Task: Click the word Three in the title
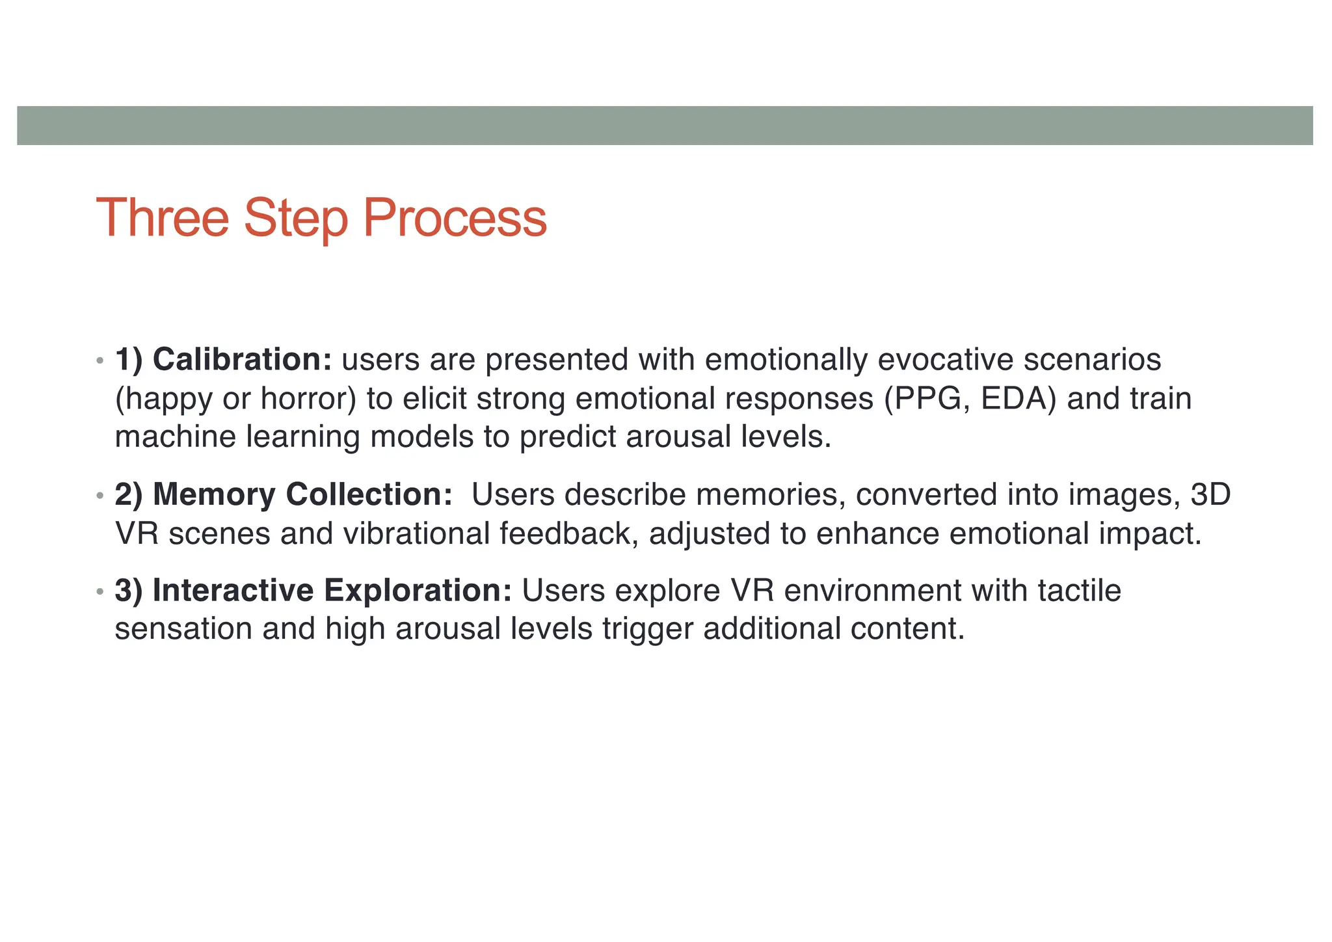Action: tap(162, 218)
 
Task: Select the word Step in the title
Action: tap(295, 218)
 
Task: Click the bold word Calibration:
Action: tap(242, 360)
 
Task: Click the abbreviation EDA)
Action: tap(1019, 398)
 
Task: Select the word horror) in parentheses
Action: tap(308, 398)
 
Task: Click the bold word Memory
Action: tap(215, 494)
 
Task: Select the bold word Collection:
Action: tap(369, 494)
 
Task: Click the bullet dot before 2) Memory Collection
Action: tap(100, 496)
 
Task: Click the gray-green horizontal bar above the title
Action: tap(665, 126)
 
